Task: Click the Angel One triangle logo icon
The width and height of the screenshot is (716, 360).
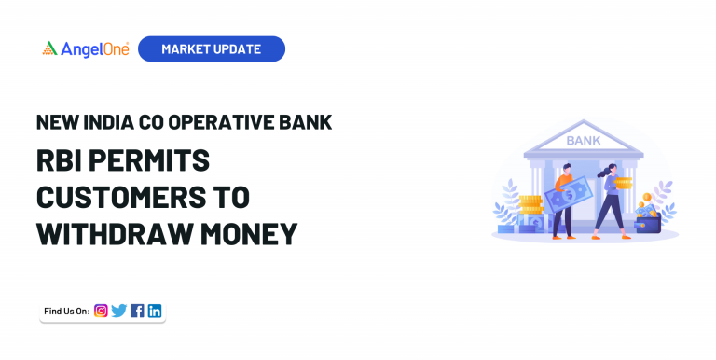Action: click(x=49, y=48)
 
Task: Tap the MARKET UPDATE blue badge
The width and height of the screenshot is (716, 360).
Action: click(x=211, y=48)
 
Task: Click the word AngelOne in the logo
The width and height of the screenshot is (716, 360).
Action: click(x=94, y=48)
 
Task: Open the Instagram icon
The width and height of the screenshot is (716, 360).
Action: click(x=101, y=311)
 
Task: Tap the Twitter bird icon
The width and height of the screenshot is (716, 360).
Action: click(x=118, y=311)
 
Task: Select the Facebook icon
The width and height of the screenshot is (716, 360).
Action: click(x=137, y=311)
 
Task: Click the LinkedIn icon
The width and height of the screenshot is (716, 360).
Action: click(x=155, y=311)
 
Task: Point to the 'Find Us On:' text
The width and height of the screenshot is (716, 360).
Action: click(x=66, y=311)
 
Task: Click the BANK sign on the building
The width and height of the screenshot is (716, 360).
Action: click(x=584, y=141)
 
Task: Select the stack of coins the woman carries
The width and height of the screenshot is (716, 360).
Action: click(x=623, y=183)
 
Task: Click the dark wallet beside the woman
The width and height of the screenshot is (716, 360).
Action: click(x=647, y=223)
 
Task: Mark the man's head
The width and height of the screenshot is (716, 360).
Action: click(x=564, y=169)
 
